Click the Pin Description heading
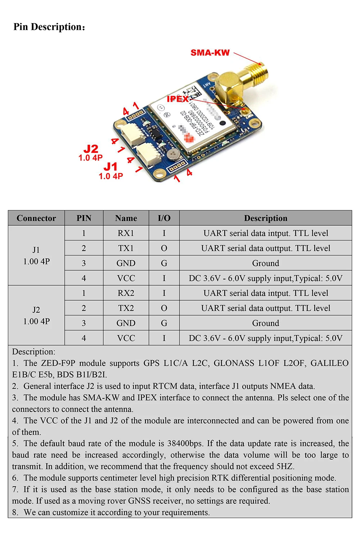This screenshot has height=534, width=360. (x=49, y=27)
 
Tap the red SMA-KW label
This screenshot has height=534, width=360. (x=210, y=53)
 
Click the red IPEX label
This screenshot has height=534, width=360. (x=177, y=99)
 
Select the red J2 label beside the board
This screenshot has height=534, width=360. (x=91, y=149)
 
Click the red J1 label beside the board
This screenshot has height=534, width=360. (x=111, y=167)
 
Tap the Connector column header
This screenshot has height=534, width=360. (x=36, y=218)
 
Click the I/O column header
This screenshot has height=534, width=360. (x=164, y=218)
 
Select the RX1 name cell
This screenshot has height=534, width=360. (x=126, y=233)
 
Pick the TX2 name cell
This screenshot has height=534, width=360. (x=126, y=308)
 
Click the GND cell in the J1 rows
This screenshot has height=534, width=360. (x=126, y=263)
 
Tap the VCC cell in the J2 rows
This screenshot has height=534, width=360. (x=126, y=338)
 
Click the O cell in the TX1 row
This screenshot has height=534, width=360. (x=164, y=248)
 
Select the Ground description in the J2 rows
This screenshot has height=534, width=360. (x=266, y=323)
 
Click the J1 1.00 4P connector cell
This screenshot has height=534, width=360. (x=36, y=256)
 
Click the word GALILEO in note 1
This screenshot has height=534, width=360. (x=329, y=363)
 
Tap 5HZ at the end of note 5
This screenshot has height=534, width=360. (x=285, y=467)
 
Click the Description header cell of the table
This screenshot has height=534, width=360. (x=266, y=218)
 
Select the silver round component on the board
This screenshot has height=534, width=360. (x=174, y=154)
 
